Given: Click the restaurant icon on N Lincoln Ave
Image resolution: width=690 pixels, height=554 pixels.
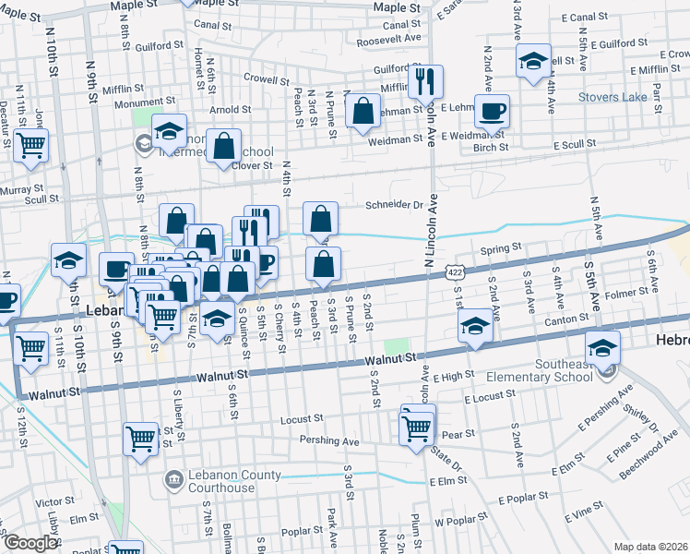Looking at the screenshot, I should pyautogui.click(x=425, y=81).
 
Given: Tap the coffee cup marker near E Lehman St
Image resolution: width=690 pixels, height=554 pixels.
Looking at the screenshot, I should pyautogui.click(x=493, y=111).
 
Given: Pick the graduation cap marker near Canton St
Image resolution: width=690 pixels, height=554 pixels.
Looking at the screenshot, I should pyautogui.click(x=475, y=326).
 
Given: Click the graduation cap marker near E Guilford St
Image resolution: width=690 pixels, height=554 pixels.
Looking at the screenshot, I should pyautogui.click(x=532, y=61).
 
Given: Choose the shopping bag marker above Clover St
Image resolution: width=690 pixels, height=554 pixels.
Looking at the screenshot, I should pyautogui.click(x=223, y=146).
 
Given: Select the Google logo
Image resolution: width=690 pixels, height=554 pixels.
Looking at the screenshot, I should pyautogui.click(x=30, y=543).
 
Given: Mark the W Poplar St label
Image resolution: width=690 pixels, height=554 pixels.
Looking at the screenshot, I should pyautogui.click(x=467, y=522).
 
